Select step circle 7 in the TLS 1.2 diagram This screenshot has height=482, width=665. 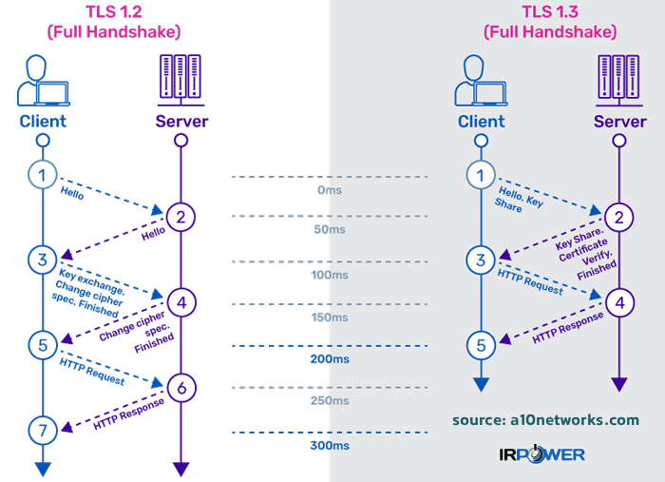(x=42, y=429)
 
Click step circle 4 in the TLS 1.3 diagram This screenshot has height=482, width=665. (x=619, y=302)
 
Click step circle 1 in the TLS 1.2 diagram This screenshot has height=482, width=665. (x=42, y=174)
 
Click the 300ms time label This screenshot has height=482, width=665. (x=329, y=445)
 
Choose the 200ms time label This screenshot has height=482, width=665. (x=329, y=360)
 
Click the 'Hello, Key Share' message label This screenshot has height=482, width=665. (x=522, y=197)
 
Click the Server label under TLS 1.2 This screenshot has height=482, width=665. (x=181, y=121)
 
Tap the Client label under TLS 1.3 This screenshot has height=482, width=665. (x=481, y=122)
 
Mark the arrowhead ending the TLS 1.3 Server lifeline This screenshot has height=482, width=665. (x=619, y=384)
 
